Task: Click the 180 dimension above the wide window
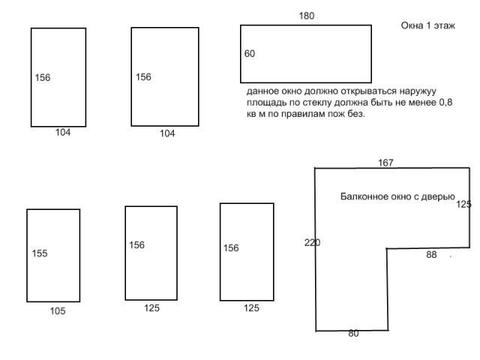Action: (x=307, y=16)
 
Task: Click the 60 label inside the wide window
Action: (x=250, y=53)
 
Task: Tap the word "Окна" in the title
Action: (x=412, y=25)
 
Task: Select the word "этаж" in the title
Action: (x=443, y=25)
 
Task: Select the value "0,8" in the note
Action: (x=445, y=102)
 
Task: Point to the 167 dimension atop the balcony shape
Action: (x=385, y=163)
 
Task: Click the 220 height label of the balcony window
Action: (x=312, y=243)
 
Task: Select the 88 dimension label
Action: (x=431, y=255)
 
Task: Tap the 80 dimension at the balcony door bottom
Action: (x=353, y=333)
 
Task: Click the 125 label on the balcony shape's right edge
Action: (x=463, y=204)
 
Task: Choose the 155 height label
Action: (x=40, y=253)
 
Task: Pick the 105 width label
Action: (x=58, y=311)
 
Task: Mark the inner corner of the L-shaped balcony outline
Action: (x=387, y=248)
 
